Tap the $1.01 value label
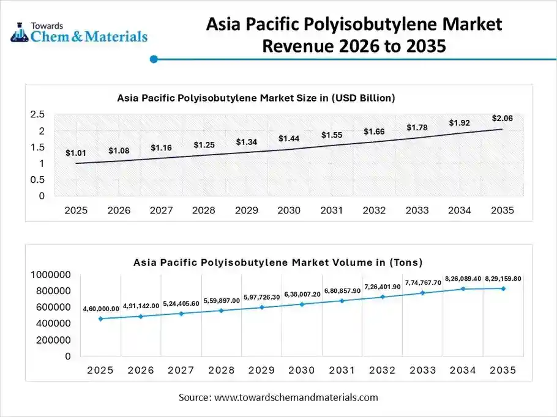(x=76, y=153)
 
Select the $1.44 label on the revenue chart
(x=289, y=139)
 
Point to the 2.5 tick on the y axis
(x=37, y=114)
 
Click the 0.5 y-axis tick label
(x=37, y=180)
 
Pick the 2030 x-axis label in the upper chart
(x=289, y=210)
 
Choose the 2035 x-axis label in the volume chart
(x=503, y=370)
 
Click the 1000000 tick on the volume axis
(x=51, y=275)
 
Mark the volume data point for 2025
(x=100, y=319)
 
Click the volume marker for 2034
(x=463, y=289)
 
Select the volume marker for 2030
(x=302, y=304)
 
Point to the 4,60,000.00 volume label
(x=101, y=309)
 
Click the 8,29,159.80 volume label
(x=503, y=279)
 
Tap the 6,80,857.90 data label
(x=343, y=290)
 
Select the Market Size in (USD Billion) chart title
(x=256, y=97)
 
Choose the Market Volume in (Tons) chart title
(x=278, y=262)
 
